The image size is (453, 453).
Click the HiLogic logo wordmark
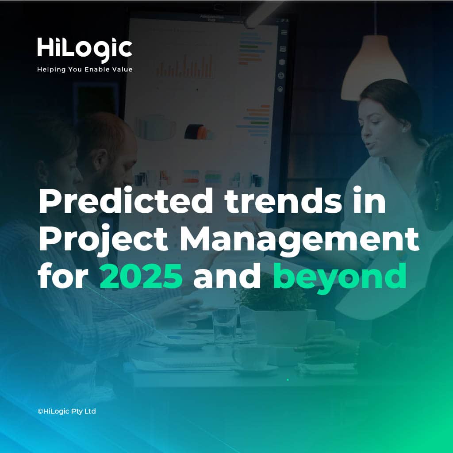tap(84, 50)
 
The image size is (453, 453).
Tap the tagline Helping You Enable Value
tap(85, 69)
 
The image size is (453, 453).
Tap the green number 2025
tap(141, 276)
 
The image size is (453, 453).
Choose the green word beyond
tap(340, 277)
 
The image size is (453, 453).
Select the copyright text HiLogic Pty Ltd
tap(67, 411)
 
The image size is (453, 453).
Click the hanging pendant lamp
tap(373, 68)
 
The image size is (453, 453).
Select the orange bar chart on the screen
tap(185, 66)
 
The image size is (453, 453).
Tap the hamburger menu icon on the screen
tap(284, 32)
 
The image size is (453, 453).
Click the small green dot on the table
tap(288, 380)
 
